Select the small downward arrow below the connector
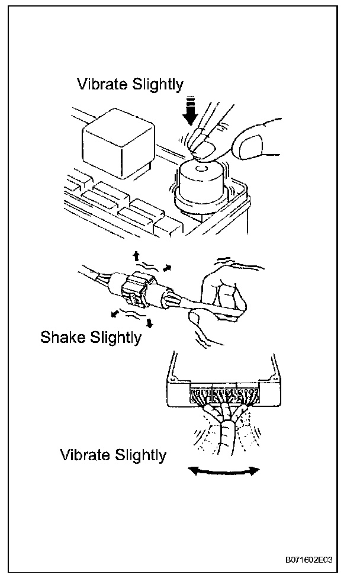149,323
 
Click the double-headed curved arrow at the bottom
224,471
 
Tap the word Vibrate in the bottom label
85,455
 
